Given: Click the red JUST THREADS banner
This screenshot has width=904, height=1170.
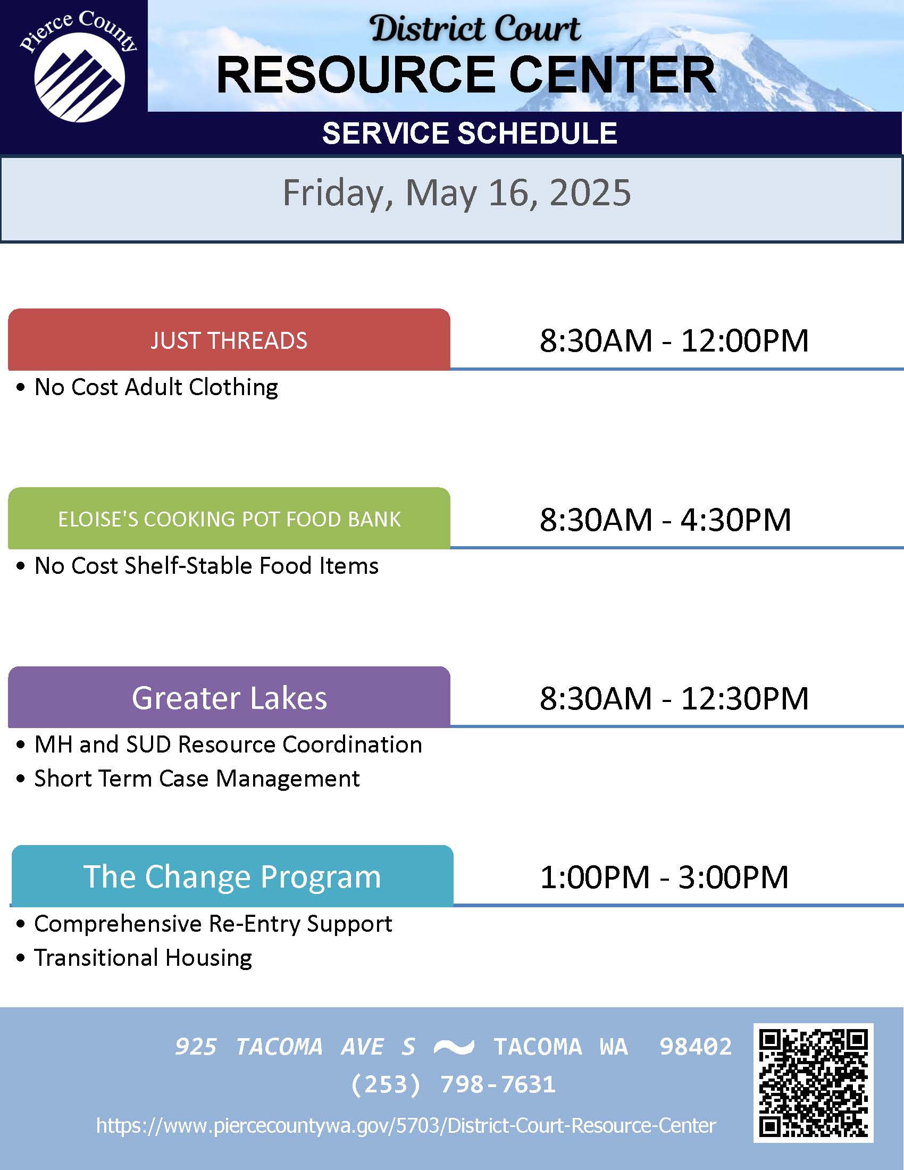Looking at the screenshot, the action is pos(229,340).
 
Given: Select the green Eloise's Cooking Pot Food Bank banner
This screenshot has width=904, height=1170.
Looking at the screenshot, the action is pos(229,519).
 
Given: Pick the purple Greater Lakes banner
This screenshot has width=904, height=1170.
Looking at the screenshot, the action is pos(229,698).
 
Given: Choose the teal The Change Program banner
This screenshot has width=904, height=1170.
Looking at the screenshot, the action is pos(232,876).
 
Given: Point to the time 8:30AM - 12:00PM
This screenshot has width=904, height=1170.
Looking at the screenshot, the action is pos(674,340).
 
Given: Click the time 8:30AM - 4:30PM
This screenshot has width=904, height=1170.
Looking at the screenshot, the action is pos(665,519).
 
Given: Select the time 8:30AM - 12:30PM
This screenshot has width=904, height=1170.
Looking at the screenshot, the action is pos(674,698).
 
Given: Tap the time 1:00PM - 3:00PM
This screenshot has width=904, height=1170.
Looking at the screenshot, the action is pos(664,877).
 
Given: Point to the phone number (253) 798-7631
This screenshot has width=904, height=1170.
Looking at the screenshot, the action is pos(453,1084).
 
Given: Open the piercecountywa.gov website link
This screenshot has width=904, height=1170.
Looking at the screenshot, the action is pos(406,1125).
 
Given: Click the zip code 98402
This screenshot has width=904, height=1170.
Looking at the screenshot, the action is pos(695,1046).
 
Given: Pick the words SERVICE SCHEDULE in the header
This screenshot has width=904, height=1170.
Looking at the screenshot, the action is pos(470,133).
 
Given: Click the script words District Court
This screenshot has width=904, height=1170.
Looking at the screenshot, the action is pos(475,28).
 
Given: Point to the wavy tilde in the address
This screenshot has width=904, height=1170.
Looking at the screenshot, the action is pos(454,1046).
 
